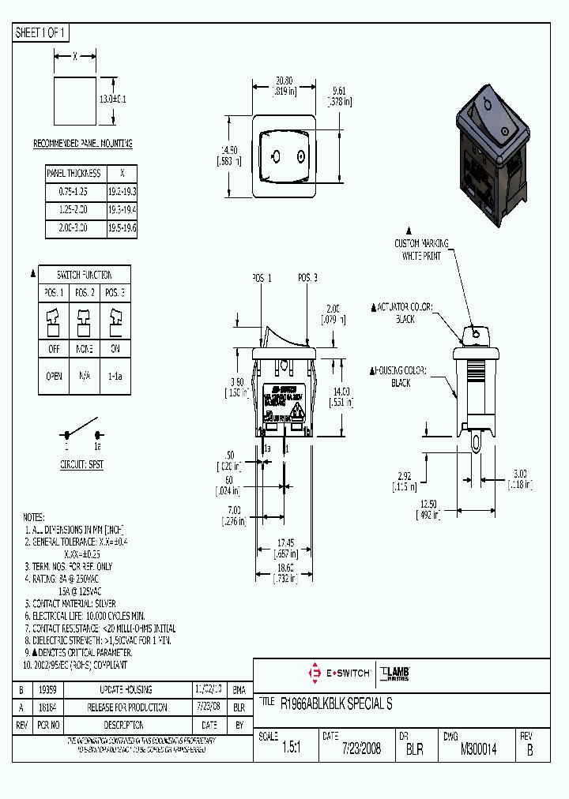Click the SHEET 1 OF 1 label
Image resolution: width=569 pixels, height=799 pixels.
[41, 33]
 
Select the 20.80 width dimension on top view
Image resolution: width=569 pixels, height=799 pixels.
[284, 81]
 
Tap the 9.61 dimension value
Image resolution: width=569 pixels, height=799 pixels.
[340, 89]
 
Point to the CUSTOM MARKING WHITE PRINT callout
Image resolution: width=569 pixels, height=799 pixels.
[422, 249]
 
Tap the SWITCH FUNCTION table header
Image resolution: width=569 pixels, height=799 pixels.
[84, 275]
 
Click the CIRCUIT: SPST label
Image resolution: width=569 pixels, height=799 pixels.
[81, 465]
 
